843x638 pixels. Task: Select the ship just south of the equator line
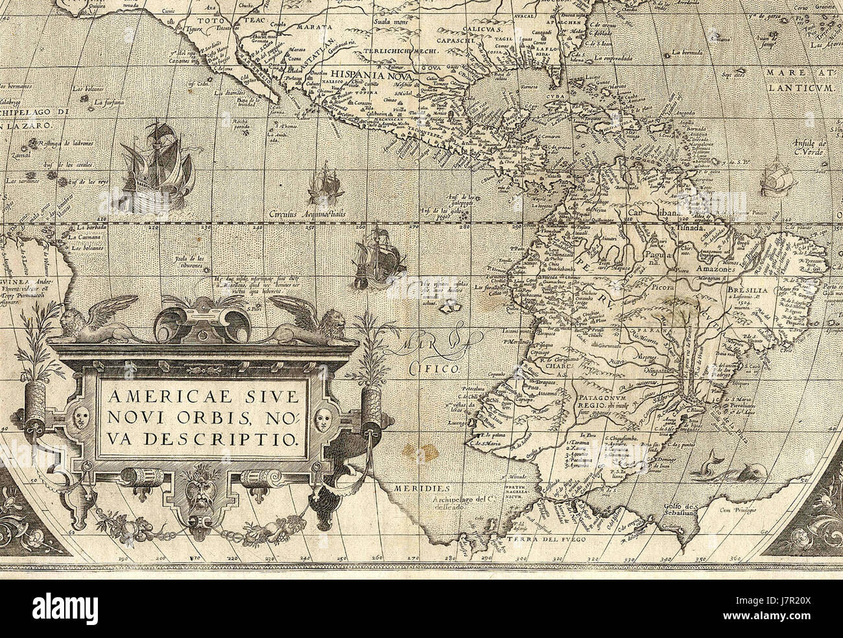[x=378, y=258]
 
